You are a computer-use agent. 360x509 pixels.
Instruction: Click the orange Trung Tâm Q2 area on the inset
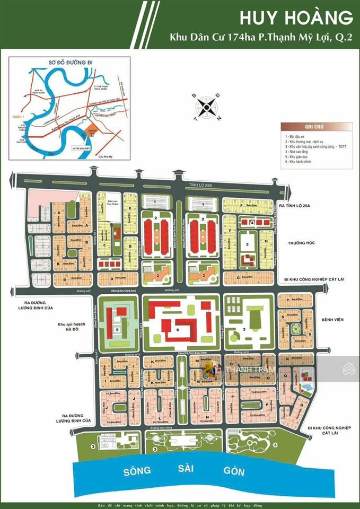point(87,131)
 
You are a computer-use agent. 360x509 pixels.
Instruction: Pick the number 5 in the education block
point(116,329)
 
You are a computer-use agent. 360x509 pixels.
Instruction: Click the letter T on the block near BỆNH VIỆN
point(288,300)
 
